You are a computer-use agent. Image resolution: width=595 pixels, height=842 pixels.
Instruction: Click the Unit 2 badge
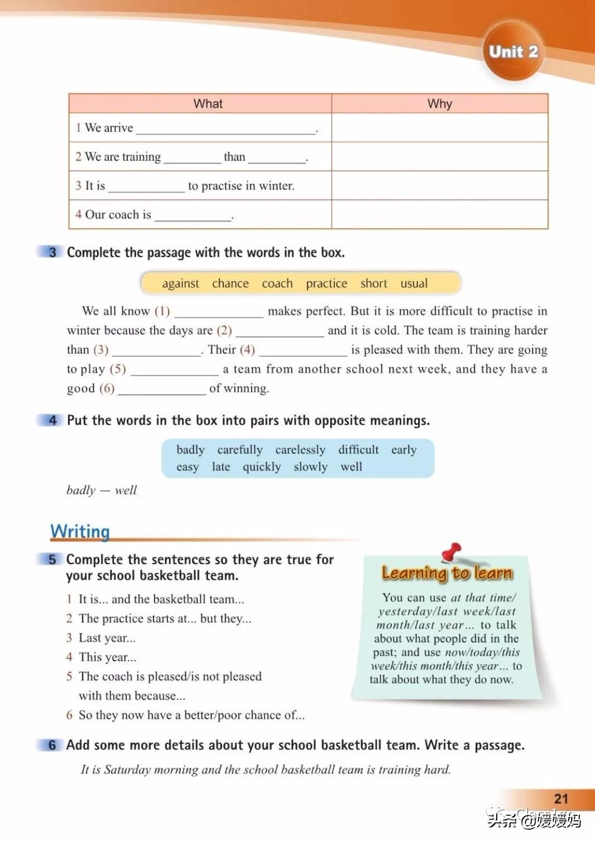click(x=513, y=52)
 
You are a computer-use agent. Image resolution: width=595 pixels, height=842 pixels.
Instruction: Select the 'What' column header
click(x=208, y=104)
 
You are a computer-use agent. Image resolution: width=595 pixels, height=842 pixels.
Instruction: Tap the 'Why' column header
click(x=440, y=104)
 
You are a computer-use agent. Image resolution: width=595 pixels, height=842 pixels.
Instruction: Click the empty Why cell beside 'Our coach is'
click(x=440, y=214)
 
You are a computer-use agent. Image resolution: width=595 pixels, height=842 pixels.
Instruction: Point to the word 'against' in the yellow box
click(x=180, y=283)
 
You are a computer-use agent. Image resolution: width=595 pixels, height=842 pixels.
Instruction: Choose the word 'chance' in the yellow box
click(x=231, y=283)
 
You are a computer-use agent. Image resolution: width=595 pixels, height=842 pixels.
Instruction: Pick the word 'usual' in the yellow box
click(x=414, y=283)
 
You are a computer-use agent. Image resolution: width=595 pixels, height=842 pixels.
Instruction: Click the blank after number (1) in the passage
click(x=219, y=311)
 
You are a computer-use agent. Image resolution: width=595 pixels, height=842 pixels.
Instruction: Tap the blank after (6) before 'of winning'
click(x=162, y=389)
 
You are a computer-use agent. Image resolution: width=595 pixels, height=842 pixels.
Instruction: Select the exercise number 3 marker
click(x=52, y=252)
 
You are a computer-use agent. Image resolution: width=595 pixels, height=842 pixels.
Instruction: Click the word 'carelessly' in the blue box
click(x=300, y=450)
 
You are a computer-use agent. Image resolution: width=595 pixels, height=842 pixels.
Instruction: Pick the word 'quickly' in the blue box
click(x=262, y=467)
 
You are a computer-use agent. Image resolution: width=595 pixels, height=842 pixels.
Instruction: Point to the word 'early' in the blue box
click(x=404, y=450)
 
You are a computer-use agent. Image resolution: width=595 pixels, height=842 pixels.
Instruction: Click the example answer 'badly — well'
click(x=102, y=490)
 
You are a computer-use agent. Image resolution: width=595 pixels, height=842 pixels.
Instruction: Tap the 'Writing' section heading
click(x=80, y=531)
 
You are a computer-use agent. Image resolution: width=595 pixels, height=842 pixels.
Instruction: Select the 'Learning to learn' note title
click(x=447, y=573)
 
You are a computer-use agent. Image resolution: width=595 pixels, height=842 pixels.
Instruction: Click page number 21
click(x=561, y=799)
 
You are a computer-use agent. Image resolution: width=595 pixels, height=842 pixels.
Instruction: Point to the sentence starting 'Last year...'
click(x=107, y=638)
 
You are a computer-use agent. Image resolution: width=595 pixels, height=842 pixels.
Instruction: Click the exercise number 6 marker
click(x=52, y=745)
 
